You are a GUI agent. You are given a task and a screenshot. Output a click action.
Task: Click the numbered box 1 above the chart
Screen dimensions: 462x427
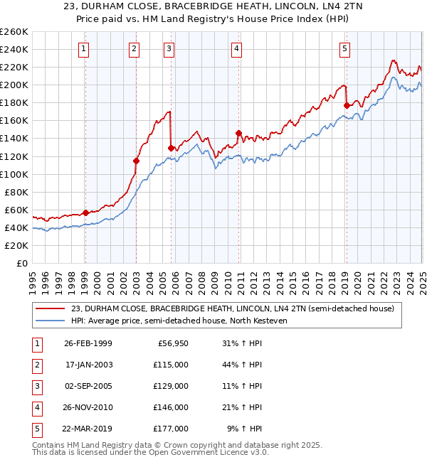tap(84, 49)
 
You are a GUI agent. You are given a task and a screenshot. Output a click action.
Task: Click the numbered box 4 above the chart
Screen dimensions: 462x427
tap(236, 49)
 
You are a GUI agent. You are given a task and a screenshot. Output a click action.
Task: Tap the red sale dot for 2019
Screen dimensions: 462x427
tap(347, 105)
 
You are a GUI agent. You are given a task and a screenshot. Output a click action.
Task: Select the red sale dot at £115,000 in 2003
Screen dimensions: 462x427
tap(136, 161)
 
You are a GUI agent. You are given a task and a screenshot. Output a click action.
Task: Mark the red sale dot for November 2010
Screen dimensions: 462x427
tap(238, 133)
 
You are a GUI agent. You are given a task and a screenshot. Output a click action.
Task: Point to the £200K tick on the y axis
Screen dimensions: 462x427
tap(14, 85)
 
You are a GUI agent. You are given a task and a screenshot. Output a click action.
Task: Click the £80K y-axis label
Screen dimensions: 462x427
tap(16, 192)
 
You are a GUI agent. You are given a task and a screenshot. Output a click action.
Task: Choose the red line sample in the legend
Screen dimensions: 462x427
tap(51, 308)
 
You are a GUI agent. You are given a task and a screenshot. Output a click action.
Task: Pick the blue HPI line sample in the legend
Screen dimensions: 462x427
tap(51, 321)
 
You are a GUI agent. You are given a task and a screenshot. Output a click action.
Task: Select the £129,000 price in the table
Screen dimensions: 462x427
tap(171, 386)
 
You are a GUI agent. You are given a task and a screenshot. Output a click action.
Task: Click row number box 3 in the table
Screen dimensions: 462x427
tap(36, 386)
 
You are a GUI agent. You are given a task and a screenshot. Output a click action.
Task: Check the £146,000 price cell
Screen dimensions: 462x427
tap(171, 407)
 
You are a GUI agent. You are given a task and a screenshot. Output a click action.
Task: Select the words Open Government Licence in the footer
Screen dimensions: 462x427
tap(197, 452)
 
